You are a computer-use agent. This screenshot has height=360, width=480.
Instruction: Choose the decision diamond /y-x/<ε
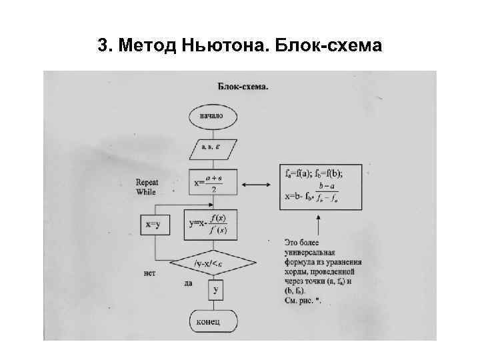[x=213, y=264]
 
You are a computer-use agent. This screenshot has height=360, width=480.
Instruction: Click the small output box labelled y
[x=215, y=291]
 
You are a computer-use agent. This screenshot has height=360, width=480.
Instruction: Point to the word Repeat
[x=147, y=183]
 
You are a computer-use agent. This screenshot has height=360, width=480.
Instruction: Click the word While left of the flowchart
[x=145, y=191]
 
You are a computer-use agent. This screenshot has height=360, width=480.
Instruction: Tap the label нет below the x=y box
[x=150, y=273]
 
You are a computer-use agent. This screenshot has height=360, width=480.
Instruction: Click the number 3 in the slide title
[x=101, y=46]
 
